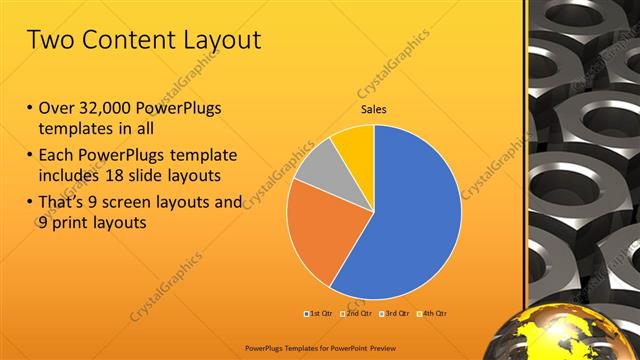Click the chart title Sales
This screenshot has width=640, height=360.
point(373,110)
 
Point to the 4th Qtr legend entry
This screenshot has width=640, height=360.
point(431,314)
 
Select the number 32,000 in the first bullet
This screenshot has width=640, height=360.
point(108,107)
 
